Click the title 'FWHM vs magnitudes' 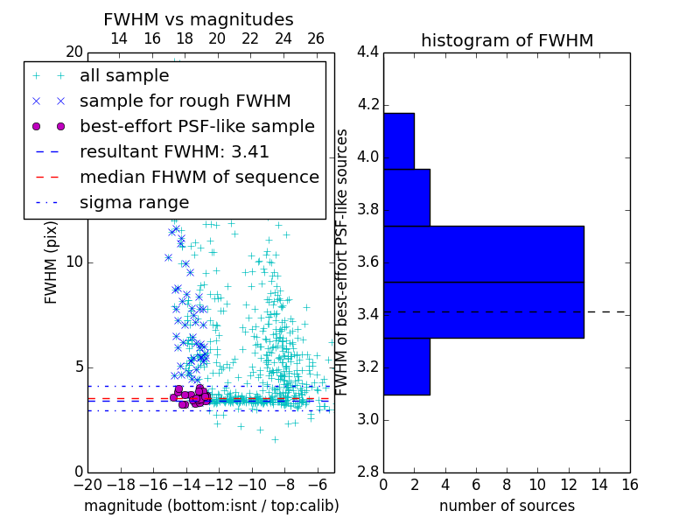click(199, 19)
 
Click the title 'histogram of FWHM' click(507, 40)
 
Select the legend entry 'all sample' click(124, 76)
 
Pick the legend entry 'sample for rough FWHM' click(185, 101)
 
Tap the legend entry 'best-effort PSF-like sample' click(197, 126)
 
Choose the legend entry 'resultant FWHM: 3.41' click(174, 151)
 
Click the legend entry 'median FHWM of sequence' click(199, 177)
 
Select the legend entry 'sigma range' click(134, 202)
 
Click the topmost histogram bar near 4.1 click(398, 141)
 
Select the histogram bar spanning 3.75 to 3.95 click(406, 198)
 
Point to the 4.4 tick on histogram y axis click(367, 52)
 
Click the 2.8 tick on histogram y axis click(367, 472)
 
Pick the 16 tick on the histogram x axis click(629, 484)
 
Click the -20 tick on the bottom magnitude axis click(87, 484)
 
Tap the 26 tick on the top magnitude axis click(316, 38)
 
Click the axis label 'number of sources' click(507, 506)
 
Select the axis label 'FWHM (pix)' click(52, 262)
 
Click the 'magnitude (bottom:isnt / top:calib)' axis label click(211, 506)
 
